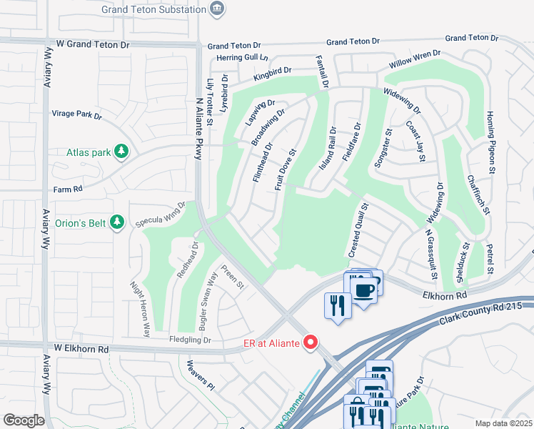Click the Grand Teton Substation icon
(218, 9)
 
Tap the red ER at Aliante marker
(310, 342)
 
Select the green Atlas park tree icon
(122, 151)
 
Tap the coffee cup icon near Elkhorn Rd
(364, 289)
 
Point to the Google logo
(24, 420)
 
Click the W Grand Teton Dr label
(94, 44)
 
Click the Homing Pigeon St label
(490, 142)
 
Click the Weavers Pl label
(200, 375)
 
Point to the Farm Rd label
(69, 189)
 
